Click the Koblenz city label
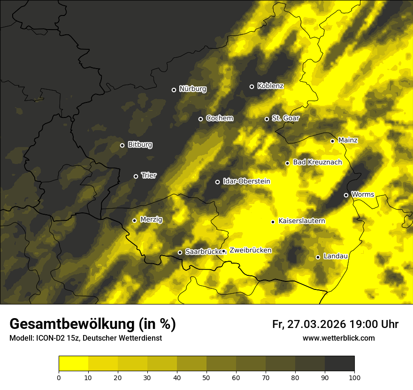point(270,86)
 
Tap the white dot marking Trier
point(136,176)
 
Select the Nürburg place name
point(192,89)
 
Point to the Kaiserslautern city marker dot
point(273,222)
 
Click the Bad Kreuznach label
point(317,162)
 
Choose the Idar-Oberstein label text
point(246,181)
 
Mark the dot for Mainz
point(332,141)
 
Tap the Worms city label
point(362,194)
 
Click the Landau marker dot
point(318,257)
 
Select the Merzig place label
point(151,219)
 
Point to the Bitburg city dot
point(122,145)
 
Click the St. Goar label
point(285,118)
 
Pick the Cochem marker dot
point(201,119)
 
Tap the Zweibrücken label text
point(250,250)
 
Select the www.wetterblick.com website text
point(338,338)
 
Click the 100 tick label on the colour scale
point(354,377)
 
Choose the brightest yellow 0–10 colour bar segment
point(74,364)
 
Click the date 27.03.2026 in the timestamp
point(316,324)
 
